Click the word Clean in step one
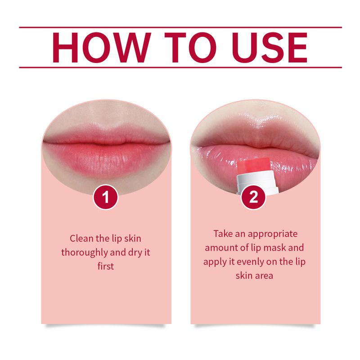[x=81, y=238]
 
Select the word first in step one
[x=106, y=266]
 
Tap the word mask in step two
[x=274, y=248]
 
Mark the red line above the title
[x=180, y=27]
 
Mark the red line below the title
[x=180, y=67]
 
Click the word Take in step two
[x=224, y=234]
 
